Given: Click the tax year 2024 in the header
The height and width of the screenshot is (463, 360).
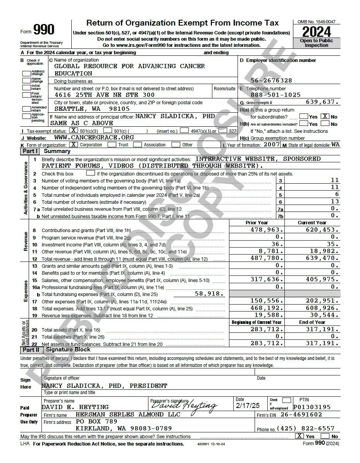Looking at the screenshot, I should point(317,32).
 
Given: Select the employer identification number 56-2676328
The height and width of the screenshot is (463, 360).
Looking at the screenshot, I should point(271,81).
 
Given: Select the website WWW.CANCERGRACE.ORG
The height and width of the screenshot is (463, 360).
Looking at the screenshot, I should point(94,138).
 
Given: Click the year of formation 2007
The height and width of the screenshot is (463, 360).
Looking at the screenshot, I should point(272,145).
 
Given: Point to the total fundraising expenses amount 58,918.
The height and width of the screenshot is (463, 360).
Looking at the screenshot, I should point(209,294).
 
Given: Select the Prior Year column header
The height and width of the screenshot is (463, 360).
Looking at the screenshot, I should point(257,223).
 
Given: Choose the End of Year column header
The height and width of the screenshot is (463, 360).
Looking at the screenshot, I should point(312,322).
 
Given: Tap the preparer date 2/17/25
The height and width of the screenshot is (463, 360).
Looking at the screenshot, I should point(248,406).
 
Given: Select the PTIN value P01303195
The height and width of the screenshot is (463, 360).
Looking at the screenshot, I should point(312,407).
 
